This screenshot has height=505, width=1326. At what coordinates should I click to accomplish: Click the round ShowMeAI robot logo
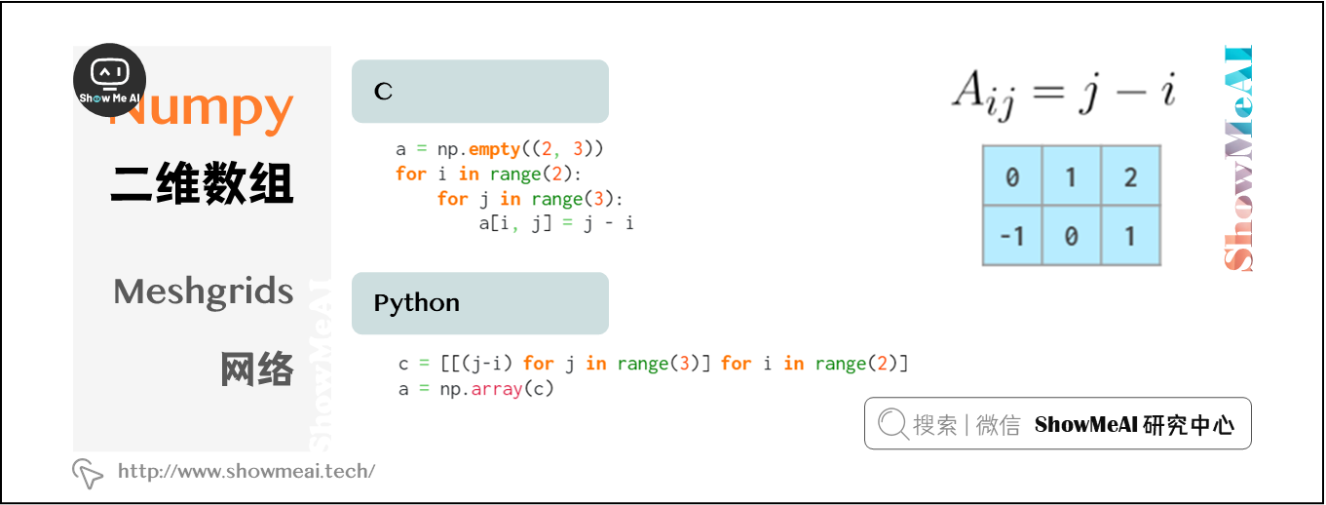coord(109,80)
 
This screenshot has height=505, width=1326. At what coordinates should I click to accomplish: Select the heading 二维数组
coord(202,183)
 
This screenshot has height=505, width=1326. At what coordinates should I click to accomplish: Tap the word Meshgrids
coord(203,291)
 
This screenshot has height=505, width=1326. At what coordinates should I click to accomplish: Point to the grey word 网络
coord(257,369)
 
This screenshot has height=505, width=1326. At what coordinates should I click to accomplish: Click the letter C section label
coord(384,92)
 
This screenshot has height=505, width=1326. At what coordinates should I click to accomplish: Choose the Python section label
coord(416,303)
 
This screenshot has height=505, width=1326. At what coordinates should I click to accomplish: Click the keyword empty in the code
coord(494,149)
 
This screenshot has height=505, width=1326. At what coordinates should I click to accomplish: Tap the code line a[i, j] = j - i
coord(555,223)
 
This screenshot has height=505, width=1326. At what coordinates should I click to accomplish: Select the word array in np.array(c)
coord(498,388)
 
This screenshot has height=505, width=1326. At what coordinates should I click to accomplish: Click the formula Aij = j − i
coord(1064,95)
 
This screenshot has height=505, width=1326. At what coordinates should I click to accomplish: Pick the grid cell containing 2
coord(1130,176)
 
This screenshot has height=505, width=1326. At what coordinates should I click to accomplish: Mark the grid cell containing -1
coord(1011,236)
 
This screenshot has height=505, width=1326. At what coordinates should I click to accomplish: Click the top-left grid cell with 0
coord(1011,176)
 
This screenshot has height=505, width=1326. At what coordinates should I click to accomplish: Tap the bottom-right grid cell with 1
coord(1130,236)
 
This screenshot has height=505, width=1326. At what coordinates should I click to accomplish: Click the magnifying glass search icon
coord(892,424)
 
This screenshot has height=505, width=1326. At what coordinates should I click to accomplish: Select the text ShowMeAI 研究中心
coord(1134,425)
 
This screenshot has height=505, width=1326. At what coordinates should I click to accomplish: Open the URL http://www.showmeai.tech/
coord(246,472)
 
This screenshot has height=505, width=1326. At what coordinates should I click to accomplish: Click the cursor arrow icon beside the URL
coord(88,473)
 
